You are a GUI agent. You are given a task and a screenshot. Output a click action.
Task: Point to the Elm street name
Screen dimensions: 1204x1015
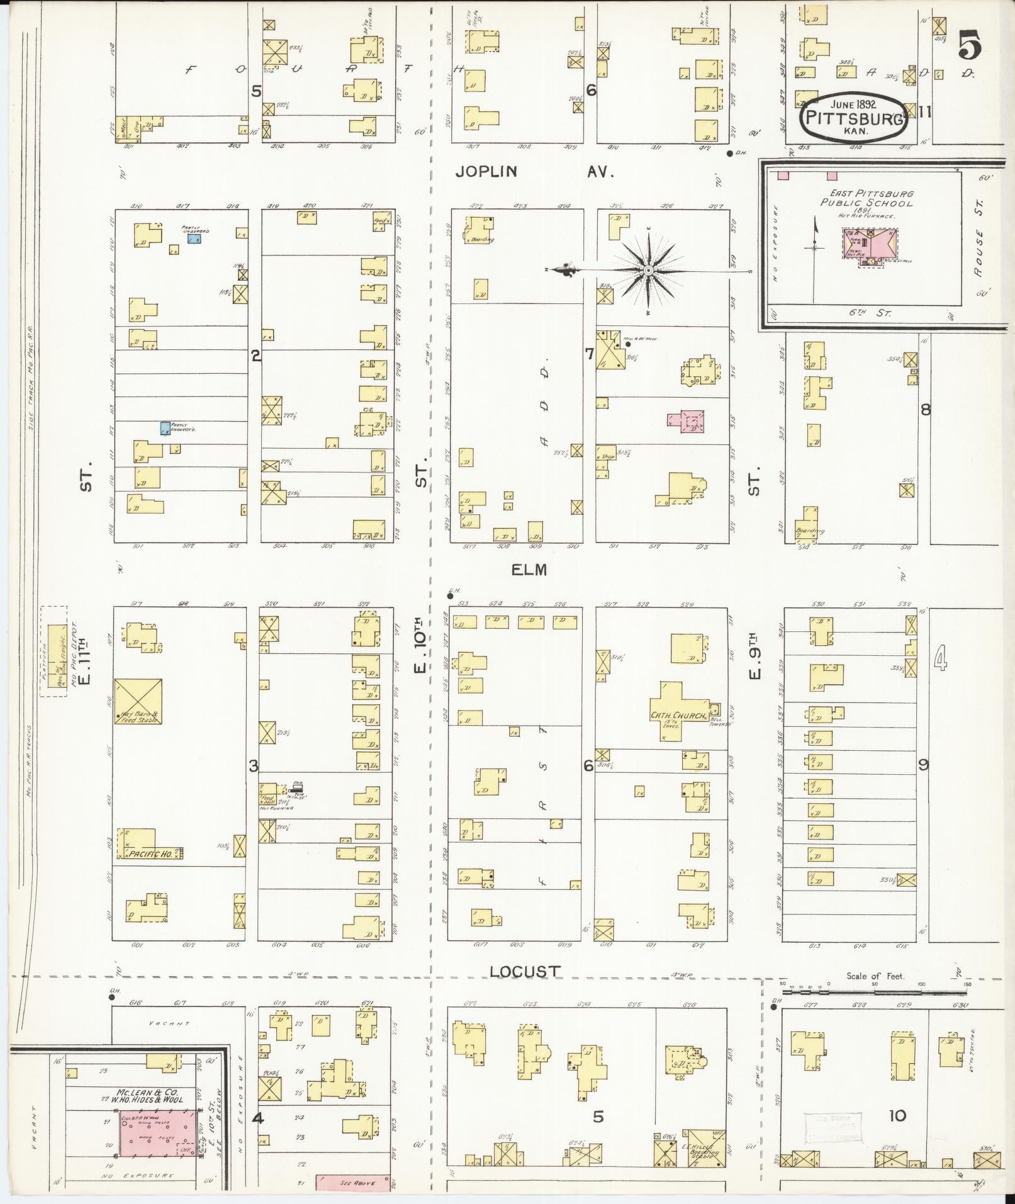click(x=529, y=570)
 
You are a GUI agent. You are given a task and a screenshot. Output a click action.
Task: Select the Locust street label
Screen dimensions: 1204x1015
click(x=524, y=989)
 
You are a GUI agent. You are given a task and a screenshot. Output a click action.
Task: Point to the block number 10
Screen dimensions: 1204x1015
click(x=897, y=1116)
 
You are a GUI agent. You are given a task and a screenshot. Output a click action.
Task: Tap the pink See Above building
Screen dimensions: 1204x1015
click(x=352, y=1183)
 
